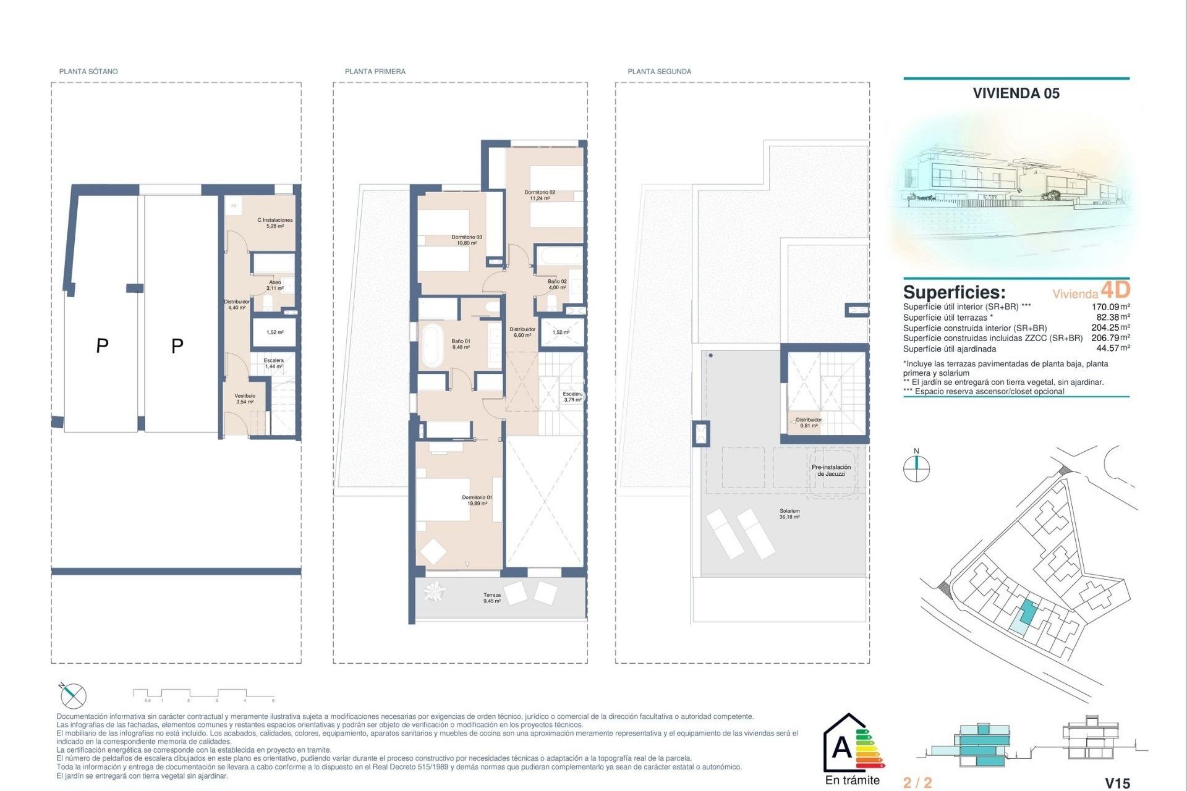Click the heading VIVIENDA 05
point(1016,93)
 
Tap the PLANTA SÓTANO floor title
point(88,72)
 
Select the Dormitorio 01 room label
point(477,500)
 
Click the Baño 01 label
point(461,344)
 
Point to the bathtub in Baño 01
point(431,345)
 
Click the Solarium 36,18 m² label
point(789,514)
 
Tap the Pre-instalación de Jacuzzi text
point(831,470)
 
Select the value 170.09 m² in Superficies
point(1110,307)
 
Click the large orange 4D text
point(1115,289)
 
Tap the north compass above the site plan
point(916,468)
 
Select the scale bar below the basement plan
point(203,695)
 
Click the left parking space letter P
point(103,345)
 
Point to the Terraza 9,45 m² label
point(492,598)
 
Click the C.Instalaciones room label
point(275,223)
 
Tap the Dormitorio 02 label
point(540,195)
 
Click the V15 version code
point(1117,783)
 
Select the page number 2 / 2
point(917,783)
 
